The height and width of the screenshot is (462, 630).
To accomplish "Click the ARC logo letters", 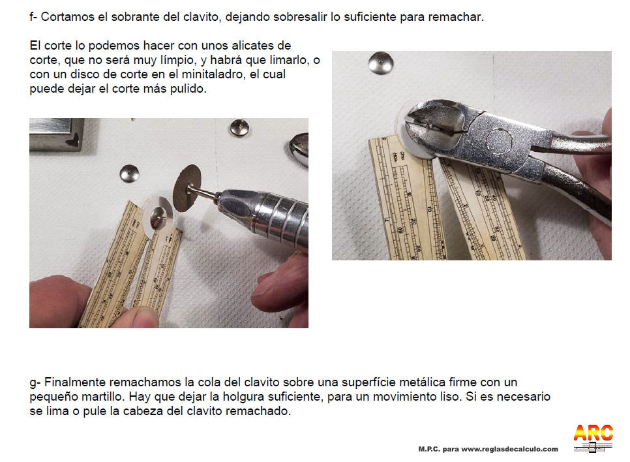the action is coord(593,433).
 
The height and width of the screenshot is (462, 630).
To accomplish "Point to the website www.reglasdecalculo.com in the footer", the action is coord(509,449).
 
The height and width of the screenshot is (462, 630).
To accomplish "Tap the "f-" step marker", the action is coord(33,17).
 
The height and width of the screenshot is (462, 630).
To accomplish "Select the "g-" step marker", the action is coord(35,382).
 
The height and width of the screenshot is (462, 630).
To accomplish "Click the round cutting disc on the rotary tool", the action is coord(187,188).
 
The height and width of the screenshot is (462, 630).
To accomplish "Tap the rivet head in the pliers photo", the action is coord(380,63).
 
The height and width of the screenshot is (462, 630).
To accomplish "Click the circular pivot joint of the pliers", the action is coord(499,142).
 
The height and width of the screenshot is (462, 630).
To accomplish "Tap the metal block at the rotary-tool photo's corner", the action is coord(57,134).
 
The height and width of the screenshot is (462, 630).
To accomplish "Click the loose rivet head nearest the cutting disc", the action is coord(129,174).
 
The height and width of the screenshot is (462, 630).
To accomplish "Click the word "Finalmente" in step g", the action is coord(75,382).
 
